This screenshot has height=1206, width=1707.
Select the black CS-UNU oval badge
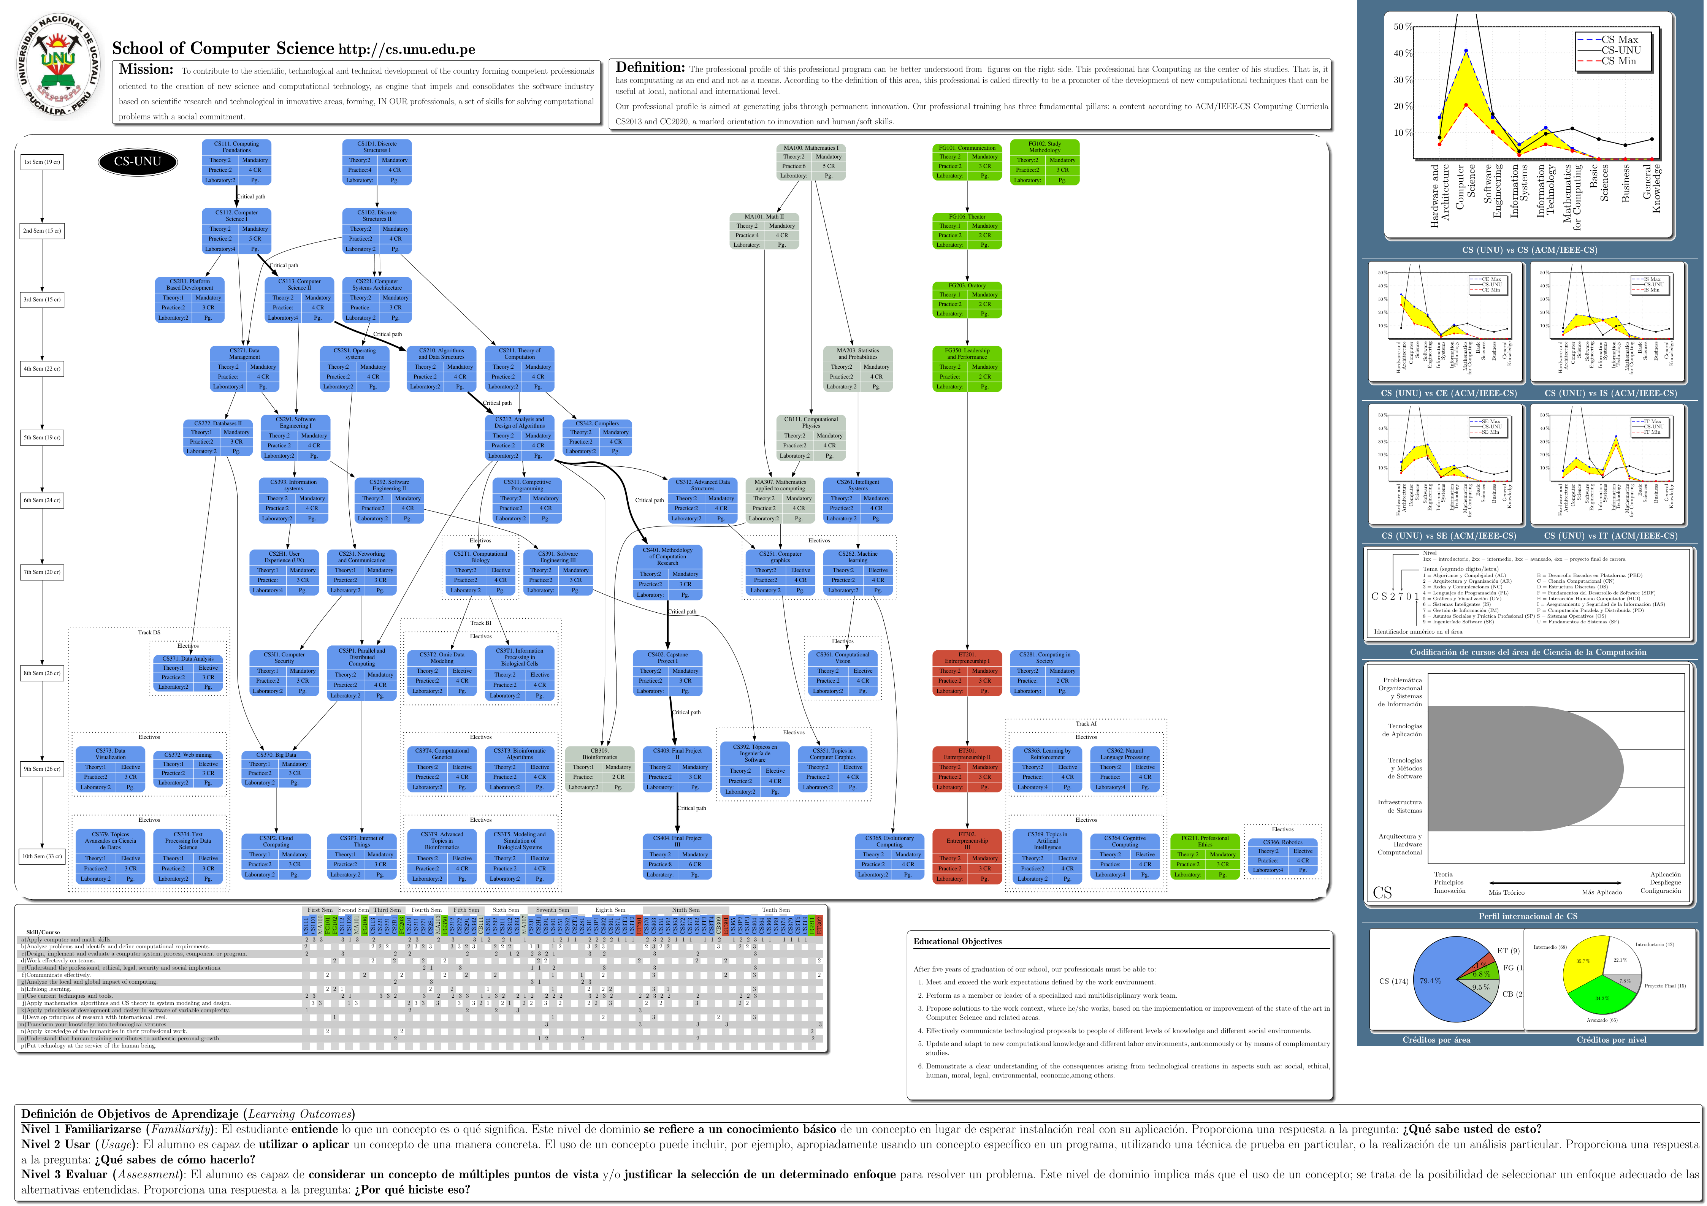[x=138, y=162]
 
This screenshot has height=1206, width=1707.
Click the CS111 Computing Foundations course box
[x=236, y=162]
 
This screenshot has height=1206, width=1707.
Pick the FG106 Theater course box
[x=967, y=230]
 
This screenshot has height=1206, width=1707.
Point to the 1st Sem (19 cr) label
[x=42, y=162]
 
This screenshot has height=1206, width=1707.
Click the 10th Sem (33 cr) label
[x=42, y=857]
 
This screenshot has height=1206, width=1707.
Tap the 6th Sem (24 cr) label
[x=42, y=501]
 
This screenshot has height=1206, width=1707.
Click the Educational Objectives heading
[x=957, y=941]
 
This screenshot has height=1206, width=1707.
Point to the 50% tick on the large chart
[x=1403, y=27]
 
